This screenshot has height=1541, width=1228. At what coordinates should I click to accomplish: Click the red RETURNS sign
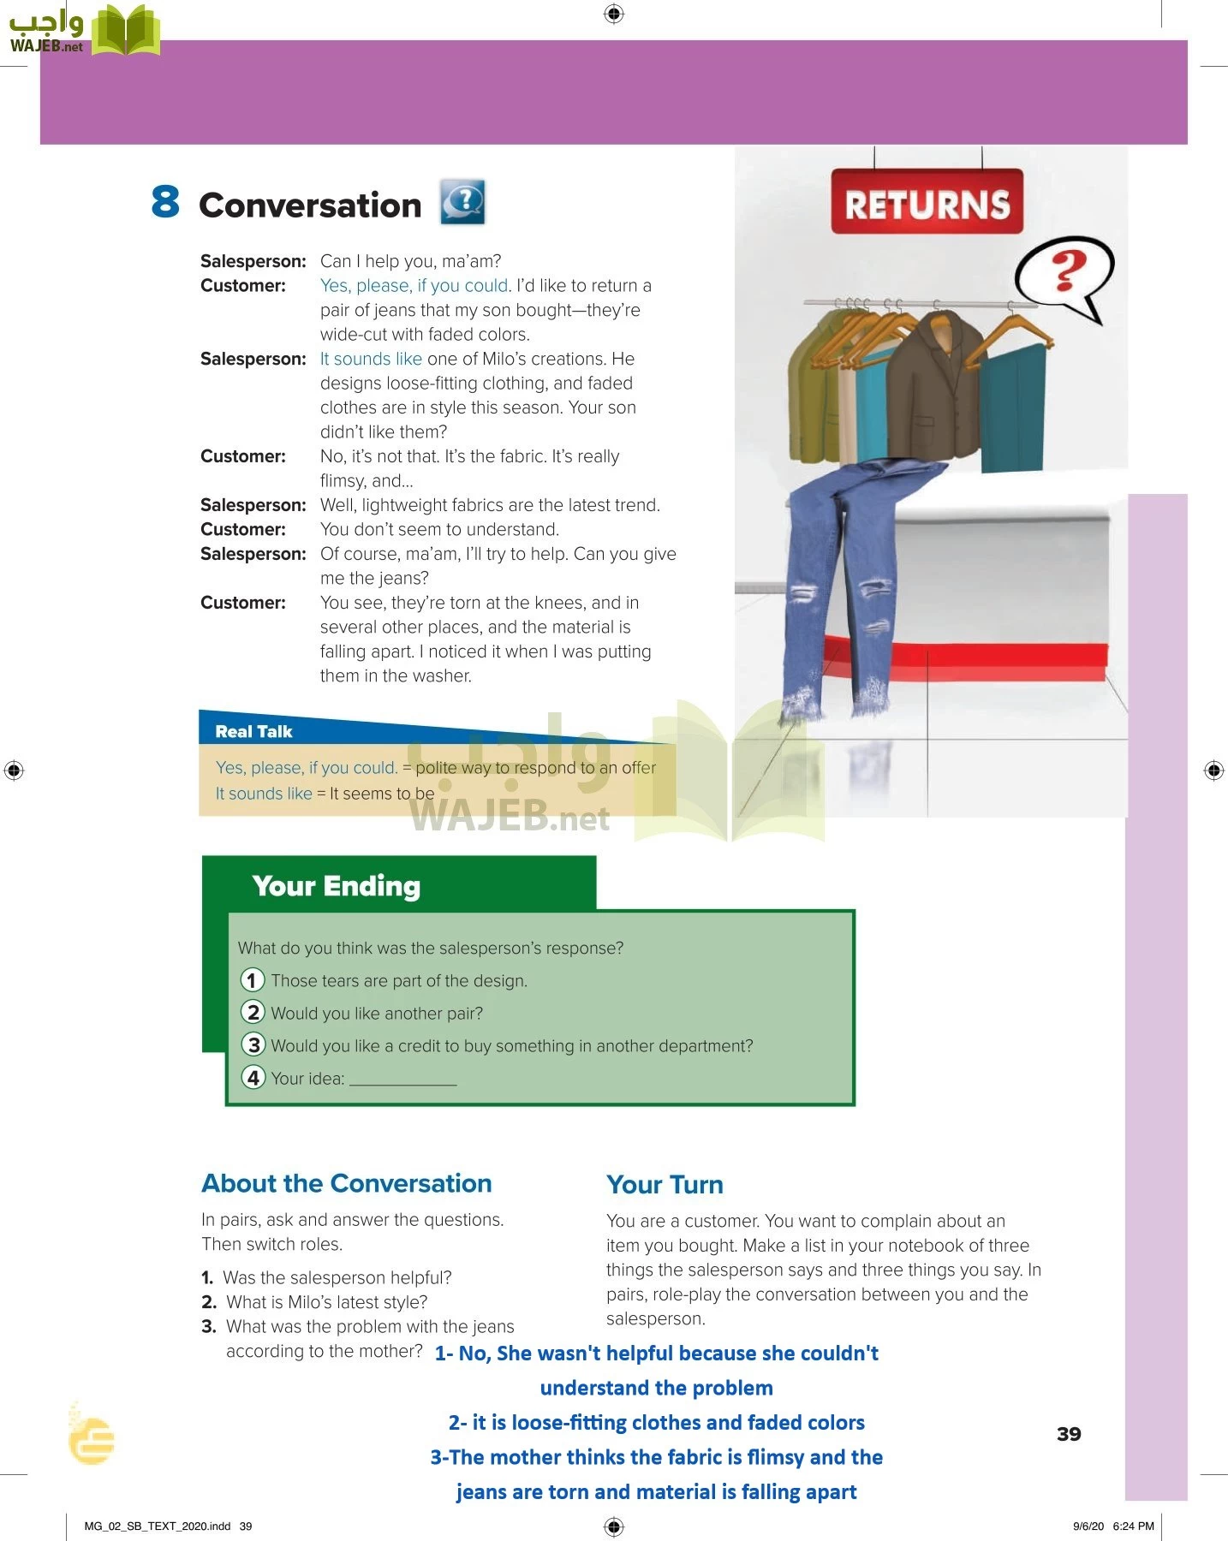pyautogui.click(x=927, y=203)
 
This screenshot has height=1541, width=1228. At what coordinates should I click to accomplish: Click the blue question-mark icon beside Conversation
pyautogui.click(x=462, y=202)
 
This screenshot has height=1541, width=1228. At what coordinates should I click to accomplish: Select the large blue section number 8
pyautogui.click(x=165, y=202)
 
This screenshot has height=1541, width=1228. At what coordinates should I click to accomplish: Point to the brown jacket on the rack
pyautogui.click(x=931, y=385)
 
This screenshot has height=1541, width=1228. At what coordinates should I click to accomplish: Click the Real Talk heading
pyautogui.click(x=253, y=731)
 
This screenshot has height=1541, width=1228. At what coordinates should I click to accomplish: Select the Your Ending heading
pyautogui.click(x=336, y=886)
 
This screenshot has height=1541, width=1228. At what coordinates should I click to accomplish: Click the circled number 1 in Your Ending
pyautogui.click(x=253, y=979)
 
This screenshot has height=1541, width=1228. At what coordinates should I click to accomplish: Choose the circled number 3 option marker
pyautogui.click(x=253, y=1044)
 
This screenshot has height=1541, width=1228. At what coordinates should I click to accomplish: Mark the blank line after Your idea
pyautogui.click(x=402, y=1080)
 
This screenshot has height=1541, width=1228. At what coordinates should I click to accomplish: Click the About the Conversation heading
pyautogui.click(x=346, y=1183)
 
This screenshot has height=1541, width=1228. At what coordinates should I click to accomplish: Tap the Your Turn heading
pyautogui.click(x=665, y=1185)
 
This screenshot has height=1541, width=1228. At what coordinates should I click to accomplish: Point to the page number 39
pyautogui.click(x=1069, y=1434)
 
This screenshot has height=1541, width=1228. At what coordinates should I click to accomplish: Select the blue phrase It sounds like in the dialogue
pyautogui.click(x=371, y=359)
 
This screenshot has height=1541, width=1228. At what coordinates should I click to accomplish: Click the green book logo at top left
pyautogui.click(x=125, y=31)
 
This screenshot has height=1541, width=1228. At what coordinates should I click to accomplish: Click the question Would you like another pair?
pyautogui.click(x=377, y=1013)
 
